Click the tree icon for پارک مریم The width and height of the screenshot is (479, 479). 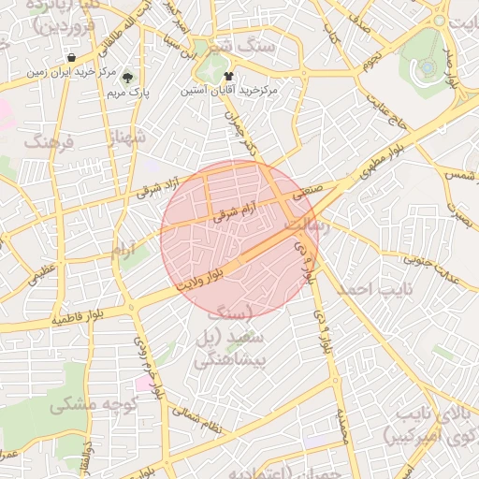[x=128, y=77]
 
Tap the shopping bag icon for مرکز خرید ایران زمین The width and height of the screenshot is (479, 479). [x=71, y=58]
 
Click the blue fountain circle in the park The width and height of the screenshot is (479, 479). [x=428, y=66]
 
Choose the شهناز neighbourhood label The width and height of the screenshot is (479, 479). [x=128, y=138]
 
